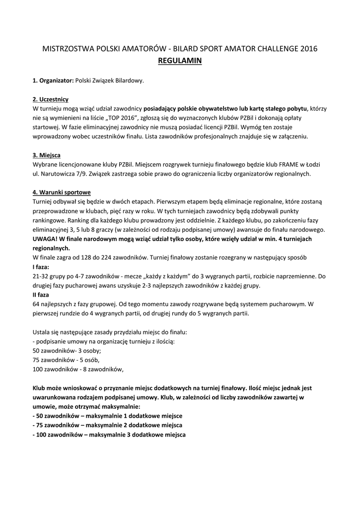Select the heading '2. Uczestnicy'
[51, 99]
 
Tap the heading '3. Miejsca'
[47, 155]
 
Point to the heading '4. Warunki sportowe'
[62, 192]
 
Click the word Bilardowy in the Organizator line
[130, 80]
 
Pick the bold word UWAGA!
[45, 239]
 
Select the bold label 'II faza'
[41, 295]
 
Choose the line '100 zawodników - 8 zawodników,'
[77, 369]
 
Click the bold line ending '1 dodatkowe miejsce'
[107, 416]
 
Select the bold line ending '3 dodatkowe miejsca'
[109, 435]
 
